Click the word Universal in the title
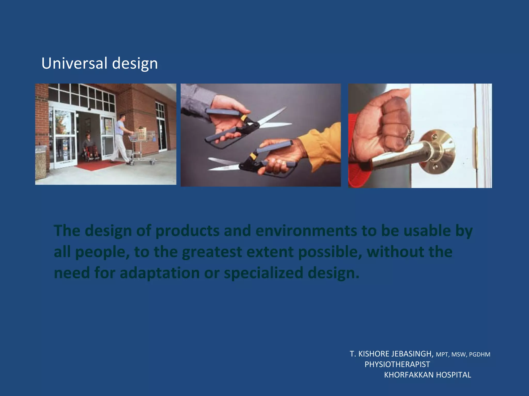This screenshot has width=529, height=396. [x=74, y=63]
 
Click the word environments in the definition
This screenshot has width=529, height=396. [x=306, y=230]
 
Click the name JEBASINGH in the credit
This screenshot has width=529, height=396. [x=412, y=354]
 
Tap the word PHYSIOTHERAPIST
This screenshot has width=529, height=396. [x=397, y=364]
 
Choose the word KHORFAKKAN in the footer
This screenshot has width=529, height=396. [x=409, y=375]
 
